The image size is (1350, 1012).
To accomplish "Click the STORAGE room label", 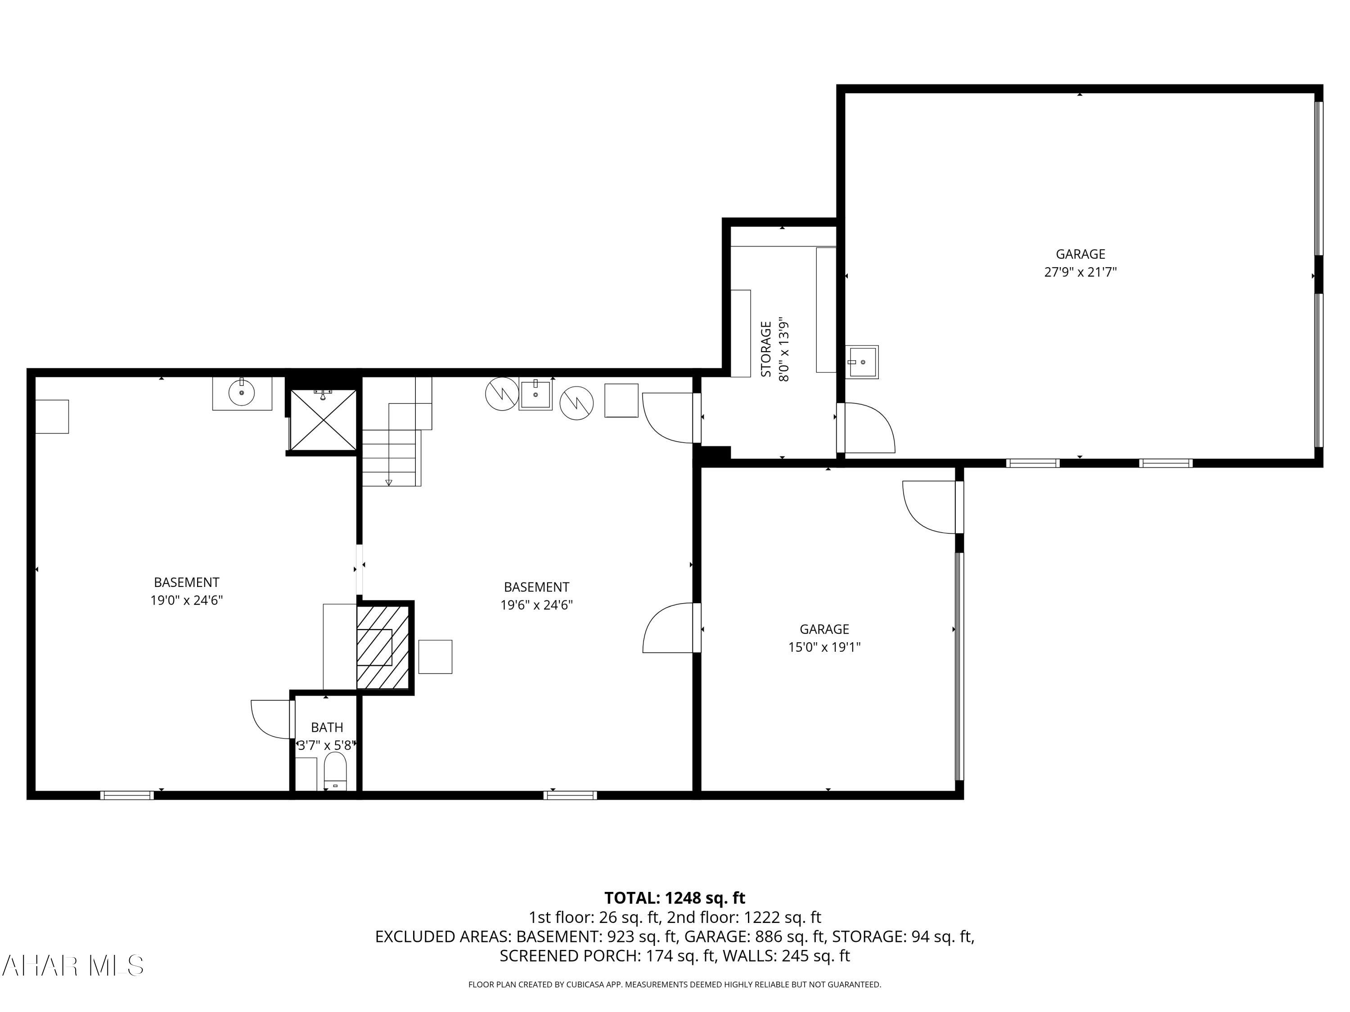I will pyautogui.click(x=766, y=349).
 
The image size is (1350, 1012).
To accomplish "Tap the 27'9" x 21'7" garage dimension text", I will pyautogui.click(x=1080, y=272).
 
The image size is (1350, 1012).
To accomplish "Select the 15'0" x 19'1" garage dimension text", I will pyautogui.click(x=824, y=647).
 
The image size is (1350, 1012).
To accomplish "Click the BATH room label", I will pyautogui.click(x=327, y=727).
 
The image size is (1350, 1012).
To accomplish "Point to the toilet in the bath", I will pyautogui.click(x=335, y=772).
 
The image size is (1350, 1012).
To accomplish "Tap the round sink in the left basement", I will pyautogui.click(x=242, y=394).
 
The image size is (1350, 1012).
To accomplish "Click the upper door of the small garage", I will pyautogui.click(x=929, y=506).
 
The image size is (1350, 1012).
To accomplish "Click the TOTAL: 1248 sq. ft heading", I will pyautogui.click(x=675, y=898).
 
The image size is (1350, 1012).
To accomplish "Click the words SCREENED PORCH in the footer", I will pyautogui.click(x=567, y=956).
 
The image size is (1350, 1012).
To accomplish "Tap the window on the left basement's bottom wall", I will pyautogui.click(x=127, y=795).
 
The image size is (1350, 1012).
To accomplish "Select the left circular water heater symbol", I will pyautogui.click(x=502, y=394).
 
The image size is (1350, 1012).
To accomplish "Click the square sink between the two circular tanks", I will pyautogui.click(x=535, y=394).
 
